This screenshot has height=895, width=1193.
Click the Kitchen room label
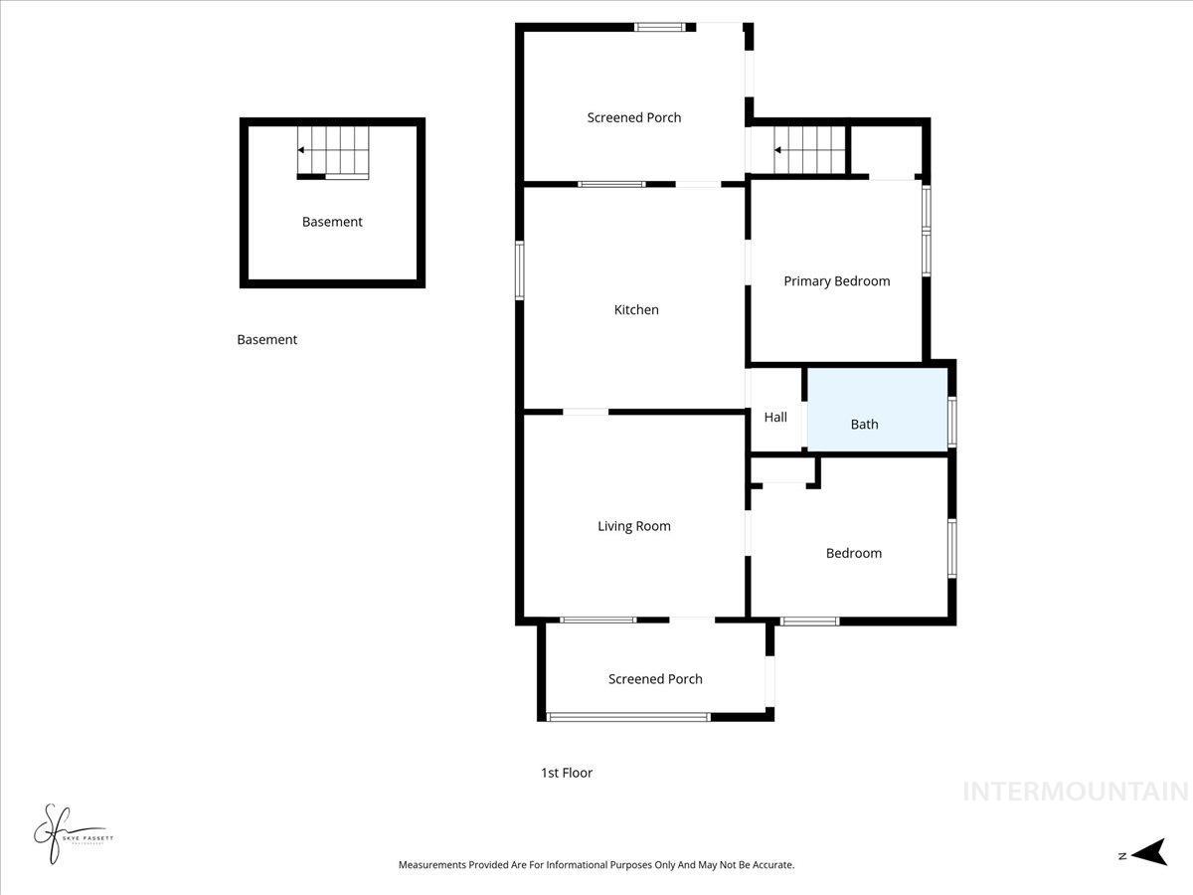tap(636, 310)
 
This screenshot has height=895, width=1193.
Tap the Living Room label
tap(633, 526)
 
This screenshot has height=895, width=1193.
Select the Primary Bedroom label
tap(836, 281)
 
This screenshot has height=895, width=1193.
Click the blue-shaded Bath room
tap(876, 410)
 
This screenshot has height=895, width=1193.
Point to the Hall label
tap(775, 418)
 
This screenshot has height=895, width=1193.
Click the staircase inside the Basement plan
tap(333, 151)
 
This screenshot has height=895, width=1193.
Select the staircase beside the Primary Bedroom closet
tap(809, 150)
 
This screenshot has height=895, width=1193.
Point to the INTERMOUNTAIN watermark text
tap(1075, 792)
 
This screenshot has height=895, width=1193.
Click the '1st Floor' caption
tap(567, 773)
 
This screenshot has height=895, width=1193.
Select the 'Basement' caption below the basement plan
tap(266, 340)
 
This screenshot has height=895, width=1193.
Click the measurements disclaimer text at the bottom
tap(596, 865)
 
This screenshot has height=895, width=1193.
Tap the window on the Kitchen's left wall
tap(519, 269)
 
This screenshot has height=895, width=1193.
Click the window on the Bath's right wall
tap(951, 422)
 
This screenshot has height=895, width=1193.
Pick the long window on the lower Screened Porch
tap(628, 716)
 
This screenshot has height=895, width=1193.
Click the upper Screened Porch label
tap(634, 117)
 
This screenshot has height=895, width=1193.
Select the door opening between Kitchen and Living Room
tap(586, 411)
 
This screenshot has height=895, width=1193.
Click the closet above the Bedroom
tap(781, 470)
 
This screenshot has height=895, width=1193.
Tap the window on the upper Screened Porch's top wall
tap(660, 27)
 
